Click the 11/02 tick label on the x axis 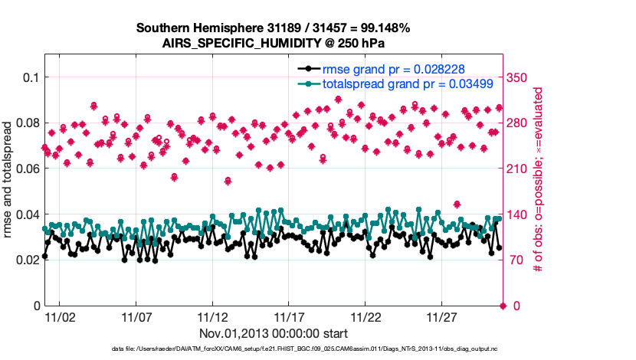pos(59,316)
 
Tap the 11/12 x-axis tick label pos(212,316)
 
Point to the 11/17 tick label pos(289,316)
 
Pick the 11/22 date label pos(366,316)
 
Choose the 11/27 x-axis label pos(442,316)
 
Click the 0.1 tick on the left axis pos(28,77)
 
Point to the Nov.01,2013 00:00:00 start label pos(274,333)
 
